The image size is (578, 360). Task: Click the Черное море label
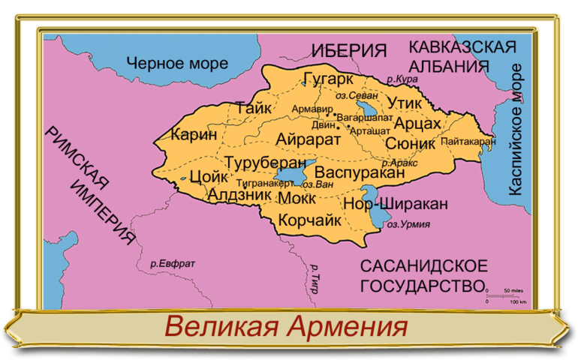(x=176, y=64)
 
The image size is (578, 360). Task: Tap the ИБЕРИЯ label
(x=349, y=51)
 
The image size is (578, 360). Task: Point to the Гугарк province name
(x=330, y=78)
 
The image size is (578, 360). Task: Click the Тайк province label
(x=253, y=108)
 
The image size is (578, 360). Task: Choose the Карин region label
(x=194, y=136)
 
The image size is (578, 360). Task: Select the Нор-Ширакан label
(x=396, y=203)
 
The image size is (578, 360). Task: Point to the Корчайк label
(x=310, y=220)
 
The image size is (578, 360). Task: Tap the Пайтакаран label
(x=468, y=141)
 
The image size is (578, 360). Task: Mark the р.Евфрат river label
(x=172, y=263)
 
